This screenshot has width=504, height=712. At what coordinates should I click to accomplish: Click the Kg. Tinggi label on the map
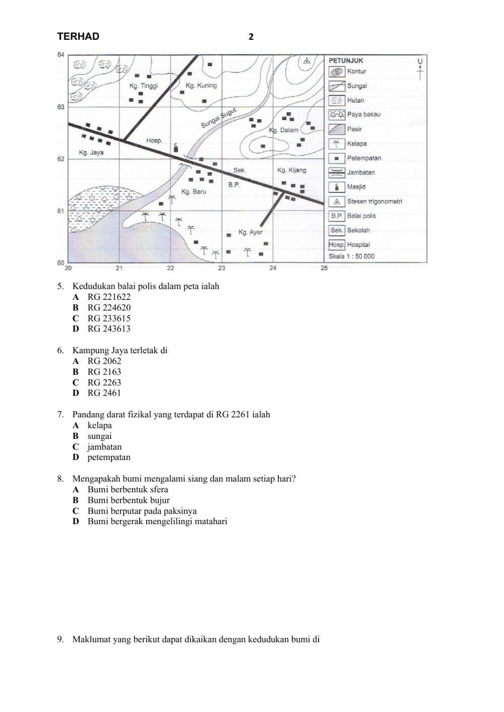(144, 86)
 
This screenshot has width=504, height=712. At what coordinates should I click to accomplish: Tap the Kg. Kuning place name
(201, 85)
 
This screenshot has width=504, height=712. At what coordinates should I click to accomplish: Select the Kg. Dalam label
(284, 130)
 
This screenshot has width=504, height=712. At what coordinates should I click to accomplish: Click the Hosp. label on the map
(154, 141)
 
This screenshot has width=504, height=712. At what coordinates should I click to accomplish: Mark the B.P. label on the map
(233, 185)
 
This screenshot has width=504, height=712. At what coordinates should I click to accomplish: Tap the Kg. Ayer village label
(250, 232)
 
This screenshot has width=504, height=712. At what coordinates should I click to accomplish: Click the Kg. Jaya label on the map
(91, 152)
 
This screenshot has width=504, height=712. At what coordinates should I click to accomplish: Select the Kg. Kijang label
(291, 170)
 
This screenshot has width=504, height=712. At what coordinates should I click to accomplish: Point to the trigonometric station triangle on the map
(306, 61)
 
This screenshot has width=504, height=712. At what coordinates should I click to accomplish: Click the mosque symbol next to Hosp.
(175, 147)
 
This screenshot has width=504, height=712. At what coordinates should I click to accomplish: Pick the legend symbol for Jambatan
(336, 172)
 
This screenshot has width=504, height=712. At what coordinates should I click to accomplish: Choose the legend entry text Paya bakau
(364, 114)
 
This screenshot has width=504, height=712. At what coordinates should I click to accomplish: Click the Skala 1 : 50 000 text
(351, 256)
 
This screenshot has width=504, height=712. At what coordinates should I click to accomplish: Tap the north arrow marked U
(420, 69)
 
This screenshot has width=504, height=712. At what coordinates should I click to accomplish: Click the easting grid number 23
(222, 268)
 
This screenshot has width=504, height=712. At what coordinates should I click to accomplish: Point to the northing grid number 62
(60, 159)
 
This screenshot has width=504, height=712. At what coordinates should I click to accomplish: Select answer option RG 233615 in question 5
(109, 318)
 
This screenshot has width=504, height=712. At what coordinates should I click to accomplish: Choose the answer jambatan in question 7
(104, 446)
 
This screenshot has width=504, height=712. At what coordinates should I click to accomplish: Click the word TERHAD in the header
(78, 36)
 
